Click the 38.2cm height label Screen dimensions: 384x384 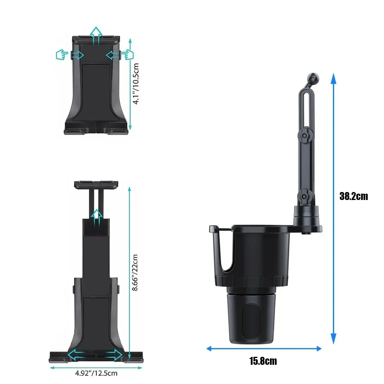[x=353, y=196]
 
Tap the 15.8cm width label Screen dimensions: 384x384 [x=263, y=361]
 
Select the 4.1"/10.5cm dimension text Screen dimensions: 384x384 [x=136, y=84]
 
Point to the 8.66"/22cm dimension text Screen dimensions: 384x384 [x=135, y=272]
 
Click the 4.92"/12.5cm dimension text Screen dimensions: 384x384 [x=96, y=373]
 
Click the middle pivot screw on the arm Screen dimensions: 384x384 [x=304, y=136]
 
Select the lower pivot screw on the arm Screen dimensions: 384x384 [x=304, y=196]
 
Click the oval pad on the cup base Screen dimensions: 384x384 [x=250, y=321]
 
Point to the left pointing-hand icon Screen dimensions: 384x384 [x=62, y=54]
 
